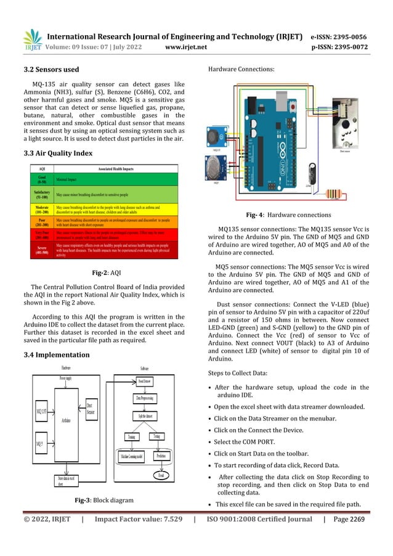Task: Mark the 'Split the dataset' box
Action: pyautogui.click(x=147, y=417)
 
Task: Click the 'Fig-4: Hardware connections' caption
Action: pyautogui.click(x=289, y=215)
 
